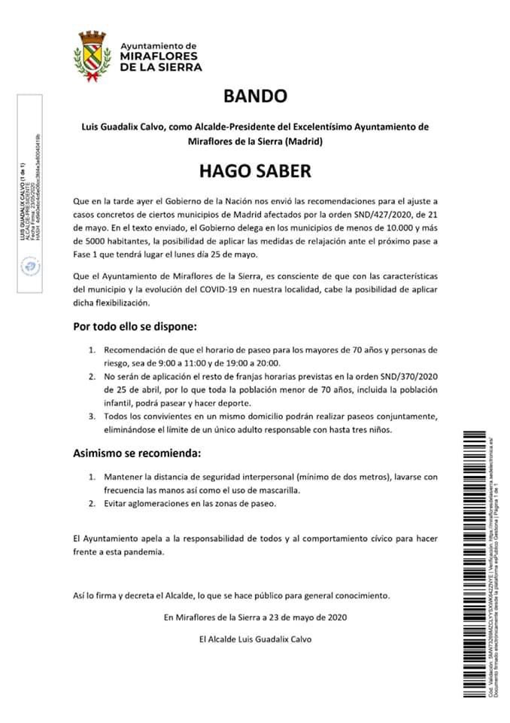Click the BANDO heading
[255, 96]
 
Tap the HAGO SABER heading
[254, 171]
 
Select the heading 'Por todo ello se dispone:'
[135, 328]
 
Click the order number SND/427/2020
[363, 214]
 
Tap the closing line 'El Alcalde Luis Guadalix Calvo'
[254, 639]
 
